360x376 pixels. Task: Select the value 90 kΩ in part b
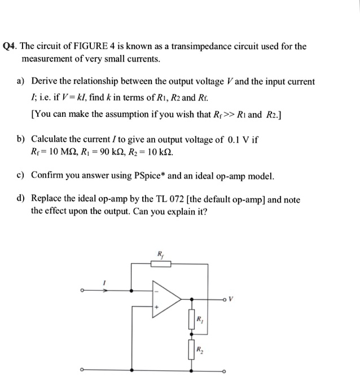coord(115,152)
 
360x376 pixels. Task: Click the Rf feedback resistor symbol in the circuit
coord(161,263)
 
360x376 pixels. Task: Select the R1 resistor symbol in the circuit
coord(192,321)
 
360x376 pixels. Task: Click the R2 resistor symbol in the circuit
coord(192,352)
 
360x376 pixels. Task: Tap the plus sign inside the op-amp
coord(157,307)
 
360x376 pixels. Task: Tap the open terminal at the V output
coord(225,299)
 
